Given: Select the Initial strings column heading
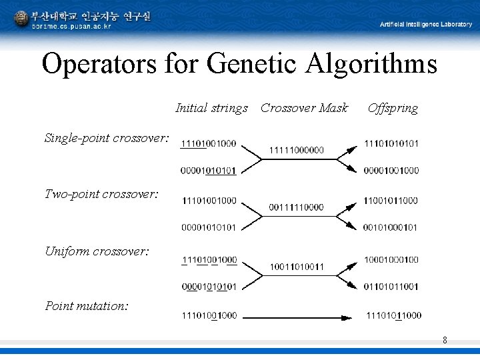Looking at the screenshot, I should pyautogui.click(x=211, y=108).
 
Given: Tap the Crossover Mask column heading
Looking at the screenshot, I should pyautogui.click(x=304, y=108).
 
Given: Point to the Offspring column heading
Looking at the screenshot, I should pyautogui.click(x=393, y=108).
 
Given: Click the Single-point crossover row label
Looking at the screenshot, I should pyautogui.click(x=107, y=138).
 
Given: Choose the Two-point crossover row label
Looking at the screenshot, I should pyautogui.click(x=101, y=194).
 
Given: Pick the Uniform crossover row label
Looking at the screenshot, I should pyautogui.click(x=97, y=251).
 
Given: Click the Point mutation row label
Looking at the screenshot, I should pyautogui.click(x=87, y=306).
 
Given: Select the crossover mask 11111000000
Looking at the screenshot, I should pyautogui.click(x=297, y=150).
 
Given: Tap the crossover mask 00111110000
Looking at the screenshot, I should pyautogui.click(x=297, y=207).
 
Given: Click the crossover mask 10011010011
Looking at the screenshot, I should pyautogui.click(x=297, y=267).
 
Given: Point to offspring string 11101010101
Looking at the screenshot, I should pyautogui.click(x=391, y=143).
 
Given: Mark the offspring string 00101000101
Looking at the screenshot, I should pyautogui.click(x=391, y=227).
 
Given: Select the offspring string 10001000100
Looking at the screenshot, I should pyautogui.click(x=391, y=259).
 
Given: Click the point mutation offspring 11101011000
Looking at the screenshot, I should pyautogui.click(x=393, y=315).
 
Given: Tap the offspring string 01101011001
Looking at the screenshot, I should pyautogui.click(x=391, y=287).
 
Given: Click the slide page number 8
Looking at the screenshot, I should pyautogui.click(x=445, y=341).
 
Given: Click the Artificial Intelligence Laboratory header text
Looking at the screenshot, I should pyautogui.click(x=425, y=25).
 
